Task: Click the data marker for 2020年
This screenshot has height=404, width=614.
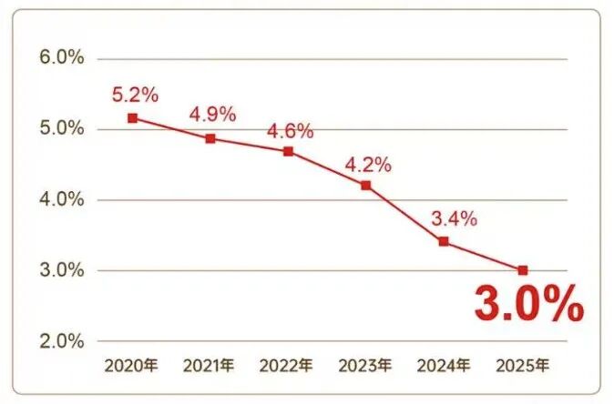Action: click(x=133, y=118)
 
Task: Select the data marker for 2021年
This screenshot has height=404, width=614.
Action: click(x=210, y=139)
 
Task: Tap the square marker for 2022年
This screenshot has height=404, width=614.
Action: click(x=288, y=151)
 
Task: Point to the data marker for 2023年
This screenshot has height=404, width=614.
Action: click(x=366, y=186)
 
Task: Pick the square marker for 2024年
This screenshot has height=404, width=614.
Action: click(x=444, y=241)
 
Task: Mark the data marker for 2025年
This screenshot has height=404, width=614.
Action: click(x=523, y=270)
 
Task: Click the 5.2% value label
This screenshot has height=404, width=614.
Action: click(x=135, y=94)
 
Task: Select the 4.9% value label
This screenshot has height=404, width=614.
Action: click(x=212, y=115)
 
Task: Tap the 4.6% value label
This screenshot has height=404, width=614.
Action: click(x=290, y=130)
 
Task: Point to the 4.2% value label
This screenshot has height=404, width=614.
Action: click(x=367, y=165)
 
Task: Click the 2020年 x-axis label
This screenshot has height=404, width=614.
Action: click(x=131, y=367)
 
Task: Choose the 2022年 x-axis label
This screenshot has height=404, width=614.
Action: click(x=286, y=367)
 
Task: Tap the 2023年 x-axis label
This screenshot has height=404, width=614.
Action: click(x=365, y=367)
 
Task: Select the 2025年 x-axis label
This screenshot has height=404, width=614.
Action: click(x=522, y=367)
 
